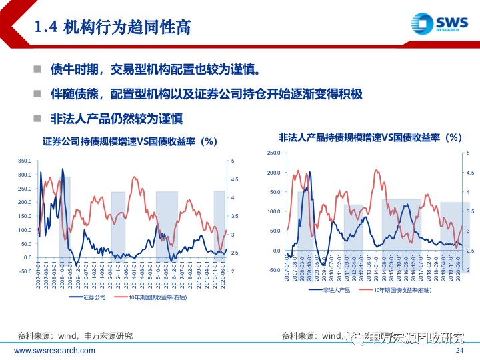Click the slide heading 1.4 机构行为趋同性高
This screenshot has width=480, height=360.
coord(113,27)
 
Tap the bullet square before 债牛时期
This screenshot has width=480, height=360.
coord(38,69)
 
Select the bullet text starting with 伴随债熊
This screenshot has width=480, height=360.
coord(206,94)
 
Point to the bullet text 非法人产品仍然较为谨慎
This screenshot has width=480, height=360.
coord(117,119)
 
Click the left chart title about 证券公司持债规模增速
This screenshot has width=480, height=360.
coord(130,141)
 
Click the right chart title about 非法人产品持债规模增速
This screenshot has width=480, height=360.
coord(370,137)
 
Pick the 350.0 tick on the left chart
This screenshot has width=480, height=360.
coord(25,161)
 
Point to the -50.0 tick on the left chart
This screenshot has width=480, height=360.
coord(25,271)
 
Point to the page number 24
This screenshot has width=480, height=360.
coord(459,351)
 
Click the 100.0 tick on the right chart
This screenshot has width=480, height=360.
coord(273,211)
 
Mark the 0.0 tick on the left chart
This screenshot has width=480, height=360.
coord(27,257)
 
